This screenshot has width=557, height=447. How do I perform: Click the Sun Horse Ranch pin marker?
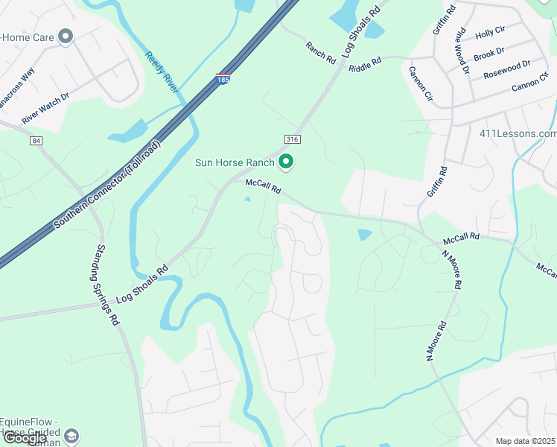285,162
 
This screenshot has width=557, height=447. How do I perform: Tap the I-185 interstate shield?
223,78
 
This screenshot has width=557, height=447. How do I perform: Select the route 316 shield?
292,139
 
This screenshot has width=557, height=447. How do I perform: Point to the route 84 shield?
36,140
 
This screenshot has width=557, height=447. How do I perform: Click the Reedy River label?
162,72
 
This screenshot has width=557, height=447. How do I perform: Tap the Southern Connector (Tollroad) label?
106,186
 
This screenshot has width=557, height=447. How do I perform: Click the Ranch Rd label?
321,52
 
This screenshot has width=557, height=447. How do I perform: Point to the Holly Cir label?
489,32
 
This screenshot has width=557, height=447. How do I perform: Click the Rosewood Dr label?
506,69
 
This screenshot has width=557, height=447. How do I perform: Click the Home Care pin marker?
66,35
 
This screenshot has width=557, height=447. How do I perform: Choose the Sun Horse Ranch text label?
235,162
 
